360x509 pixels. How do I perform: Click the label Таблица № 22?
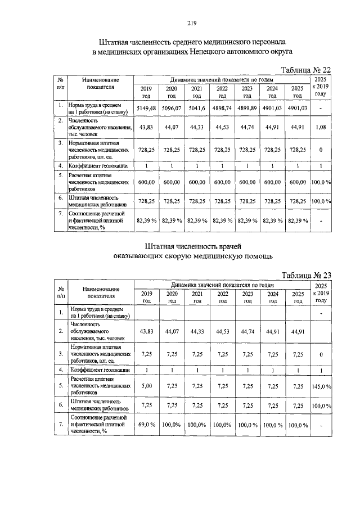pos(305,69)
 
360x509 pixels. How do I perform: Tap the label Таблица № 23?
pos(305,275)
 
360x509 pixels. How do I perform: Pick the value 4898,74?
pos(222,108)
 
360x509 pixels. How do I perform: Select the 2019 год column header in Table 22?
pos(146,92)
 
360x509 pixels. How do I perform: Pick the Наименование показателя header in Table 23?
pos(101,292)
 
